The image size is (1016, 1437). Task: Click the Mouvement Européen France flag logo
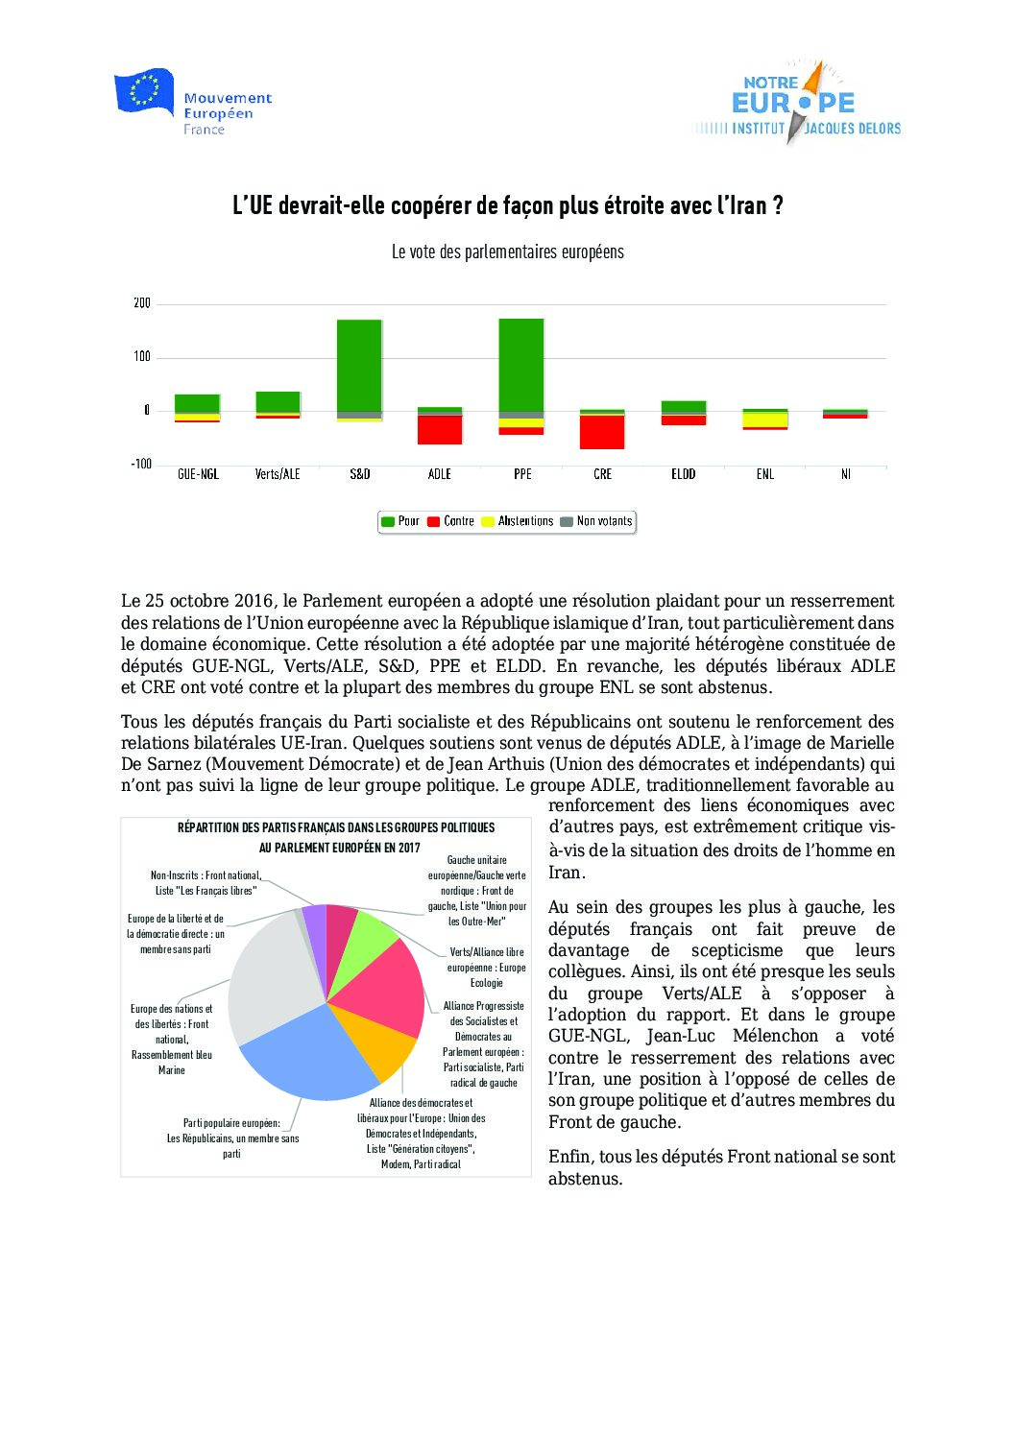pyautogui.click(x=144, y=92)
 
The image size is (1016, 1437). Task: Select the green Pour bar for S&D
pyautogui.click(x=359, y=365)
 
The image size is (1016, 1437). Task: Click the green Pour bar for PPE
pyautogui.click(x=521, y=365)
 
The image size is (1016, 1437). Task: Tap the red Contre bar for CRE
pyautogui.click(x=602, y=432)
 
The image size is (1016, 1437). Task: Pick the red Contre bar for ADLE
pyautogui.click(x=440, y=429)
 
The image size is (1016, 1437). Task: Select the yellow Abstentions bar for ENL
pyautogui.click(x=764, y=419)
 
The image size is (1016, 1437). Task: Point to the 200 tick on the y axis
pyautogui.click(x=142, y=303)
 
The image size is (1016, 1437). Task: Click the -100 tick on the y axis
pyautogui.click(x=141, y=465)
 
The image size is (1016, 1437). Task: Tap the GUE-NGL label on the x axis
pyautogui.click(x=199, y=474)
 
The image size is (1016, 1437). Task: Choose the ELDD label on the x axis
pyautogui.click(x=684, y=474)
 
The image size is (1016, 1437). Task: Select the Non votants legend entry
pyautogui.click(x=596, y=521)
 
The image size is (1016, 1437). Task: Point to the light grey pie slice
pyautogui.click(x=269, y=970)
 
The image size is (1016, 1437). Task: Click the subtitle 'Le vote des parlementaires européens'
pyautogui.click(x=507, y=252)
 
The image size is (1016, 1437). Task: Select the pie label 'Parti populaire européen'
pyautogui.click(x=232, y=1123)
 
